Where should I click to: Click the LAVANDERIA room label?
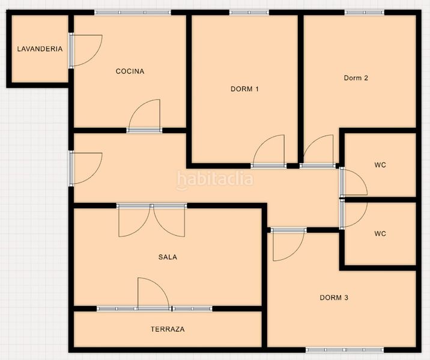click(40, 49)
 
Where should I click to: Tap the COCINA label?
click(130, 71)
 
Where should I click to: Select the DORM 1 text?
click(244, 89)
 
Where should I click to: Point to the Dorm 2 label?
click(356, 78)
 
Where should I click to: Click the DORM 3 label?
click(334, 298)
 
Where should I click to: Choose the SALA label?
click(168, 257)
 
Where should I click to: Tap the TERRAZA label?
click(168, 329)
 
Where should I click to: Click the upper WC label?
click(380, 165)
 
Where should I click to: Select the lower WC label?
click(380, 233)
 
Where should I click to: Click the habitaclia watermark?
click(215, 179)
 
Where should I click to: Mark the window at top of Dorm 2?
click(365, 13)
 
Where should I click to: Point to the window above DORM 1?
click(249, 13)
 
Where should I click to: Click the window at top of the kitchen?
click(133, 13)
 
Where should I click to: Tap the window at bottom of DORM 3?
click(345, 350)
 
